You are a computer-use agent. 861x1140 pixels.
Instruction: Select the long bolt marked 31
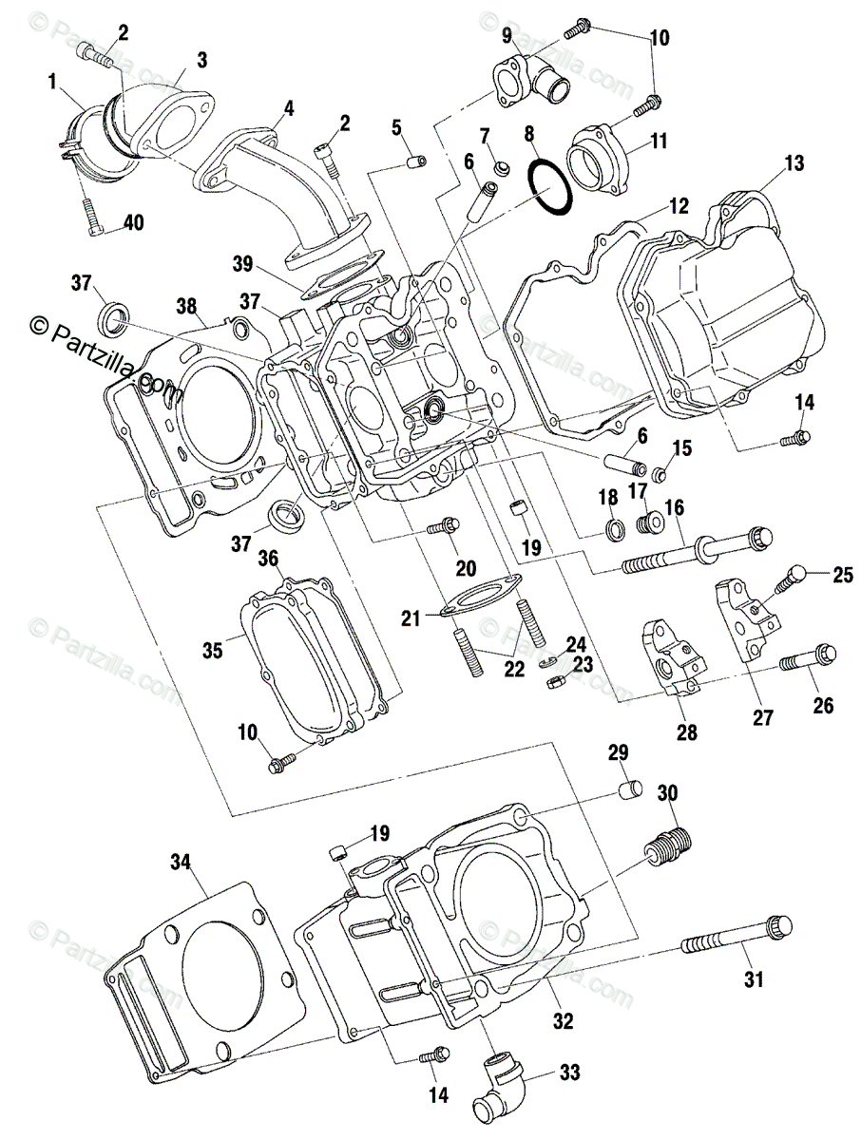click(733, 940)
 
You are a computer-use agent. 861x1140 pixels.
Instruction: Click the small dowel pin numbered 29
click(628, 790)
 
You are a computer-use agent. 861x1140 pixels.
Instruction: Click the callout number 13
click(794, 163)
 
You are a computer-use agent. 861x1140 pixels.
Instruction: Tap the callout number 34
click(181, 863)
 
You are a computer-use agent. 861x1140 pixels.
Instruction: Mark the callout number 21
click(410, 618)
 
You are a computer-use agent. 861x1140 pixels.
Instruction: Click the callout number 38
click(186, 305)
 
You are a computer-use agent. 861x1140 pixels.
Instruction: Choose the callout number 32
click(563, 1022)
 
